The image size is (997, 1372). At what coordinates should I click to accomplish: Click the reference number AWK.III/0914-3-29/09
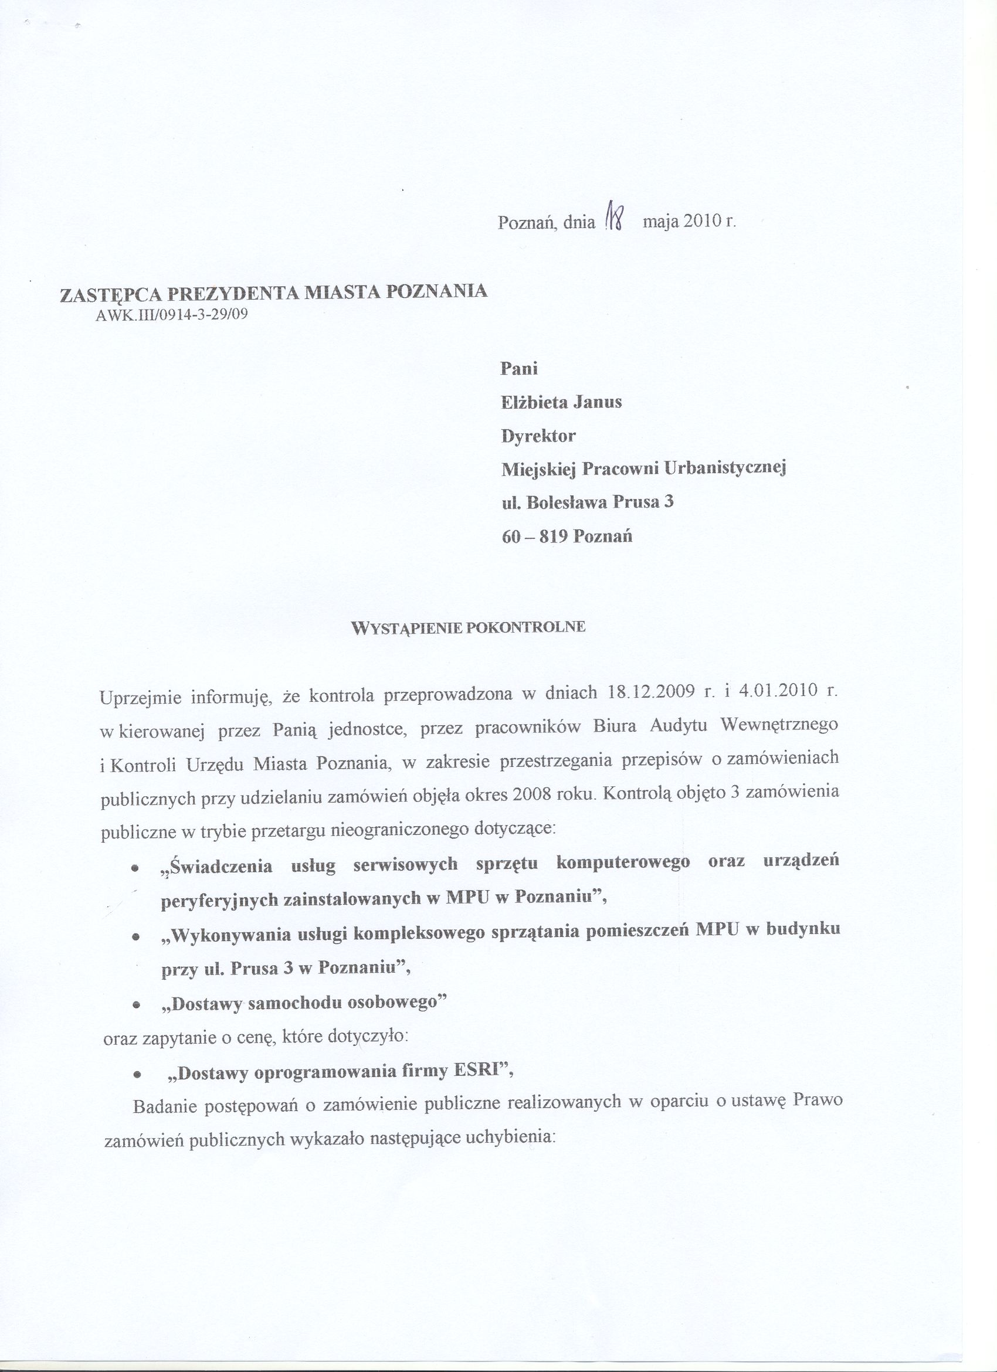[x=172, y=315]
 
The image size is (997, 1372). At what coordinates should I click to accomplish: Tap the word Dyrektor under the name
[x=538, y=436]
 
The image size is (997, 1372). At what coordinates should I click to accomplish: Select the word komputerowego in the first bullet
[x=623, y=863]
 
